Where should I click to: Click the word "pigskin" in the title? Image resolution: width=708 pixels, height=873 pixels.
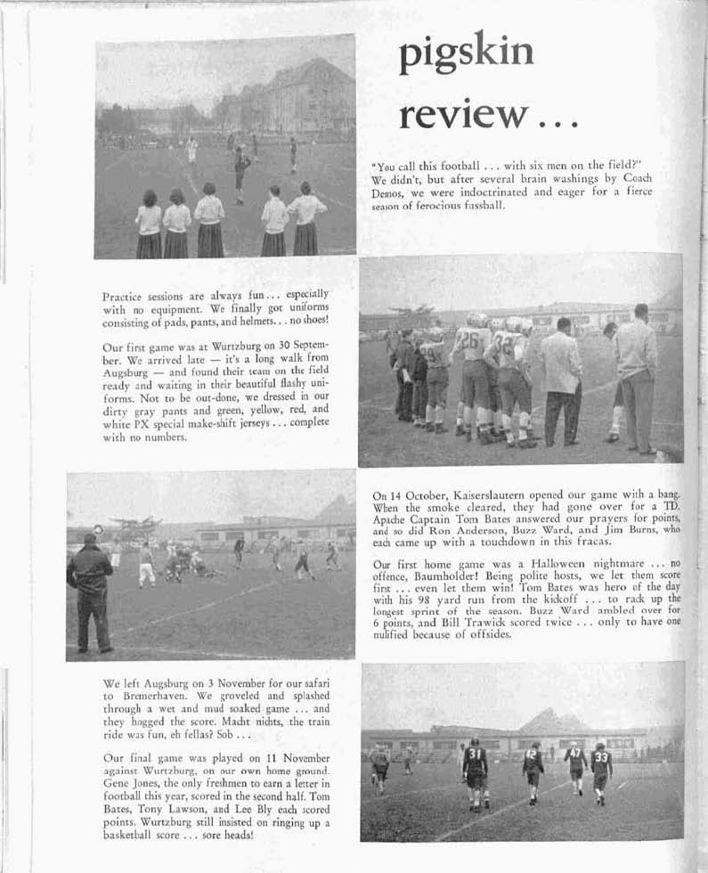(x=467, y=55)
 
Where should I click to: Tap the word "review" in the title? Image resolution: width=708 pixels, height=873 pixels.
(x=462, y=114)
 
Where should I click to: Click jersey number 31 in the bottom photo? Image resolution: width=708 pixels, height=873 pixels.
(x=475, y=755)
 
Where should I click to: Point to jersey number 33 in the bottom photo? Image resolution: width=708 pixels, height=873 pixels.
(x=601, y=759)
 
